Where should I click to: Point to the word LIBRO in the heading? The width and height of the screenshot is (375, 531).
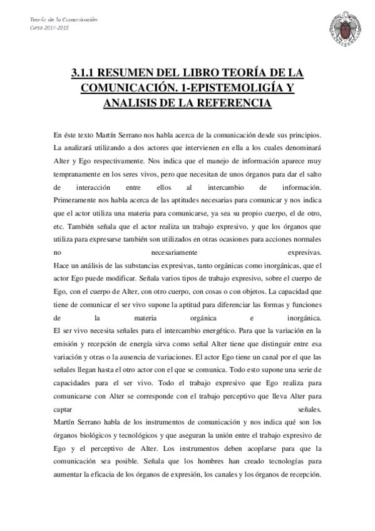pos(211,73)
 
